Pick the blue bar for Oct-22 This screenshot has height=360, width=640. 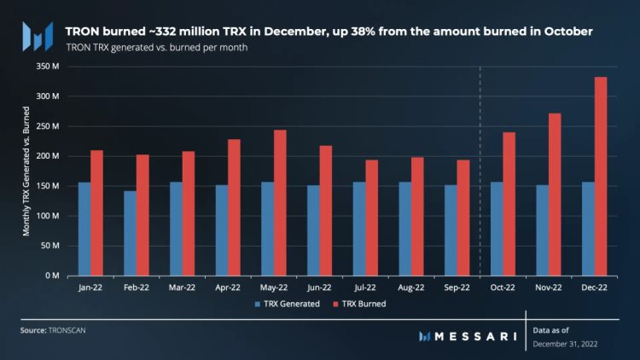point(497,229)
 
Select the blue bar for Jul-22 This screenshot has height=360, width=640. point(359,229)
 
